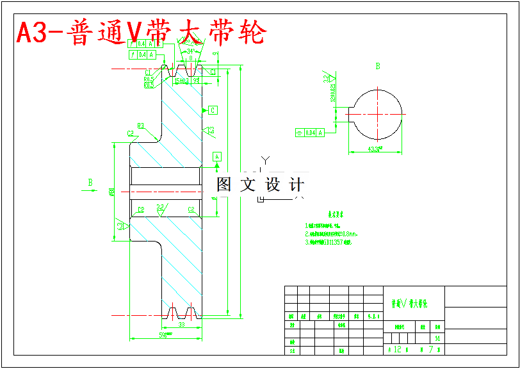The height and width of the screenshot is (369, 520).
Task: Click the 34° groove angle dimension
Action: click(x=190, y=51)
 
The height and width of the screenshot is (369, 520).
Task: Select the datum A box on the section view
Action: click(x=217, y=156)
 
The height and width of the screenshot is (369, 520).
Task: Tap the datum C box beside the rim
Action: click(x=213, y=110)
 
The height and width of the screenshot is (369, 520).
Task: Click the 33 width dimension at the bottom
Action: click(x=181, y=325)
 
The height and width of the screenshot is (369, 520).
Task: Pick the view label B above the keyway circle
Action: click(x=378, y=66)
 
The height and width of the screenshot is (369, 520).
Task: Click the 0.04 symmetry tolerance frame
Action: click(x=311, y=133)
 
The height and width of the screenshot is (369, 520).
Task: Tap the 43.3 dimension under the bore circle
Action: click(x=375, y=149)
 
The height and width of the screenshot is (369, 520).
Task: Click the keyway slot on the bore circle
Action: click(x=352, y=113)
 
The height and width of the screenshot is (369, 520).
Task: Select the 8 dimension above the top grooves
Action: click(x=190, y=58)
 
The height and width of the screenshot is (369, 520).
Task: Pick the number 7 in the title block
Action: click(x=430, y=349)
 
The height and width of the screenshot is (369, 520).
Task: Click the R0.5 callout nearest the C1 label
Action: click(x=149, y=79)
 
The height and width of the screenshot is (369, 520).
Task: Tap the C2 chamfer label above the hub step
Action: click(x=130, y=133)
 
